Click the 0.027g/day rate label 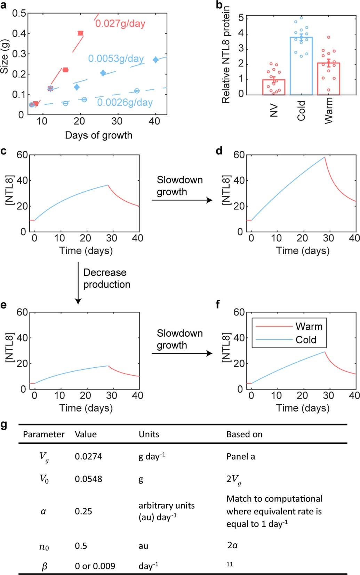pos(120,24)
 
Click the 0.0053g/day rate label pos(116,58)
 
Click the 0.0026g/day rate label pos(125,102)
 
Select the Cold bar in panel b pos(301,66)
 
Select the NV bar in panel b pos(274,87)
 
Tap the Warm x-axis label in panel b pos(328,110)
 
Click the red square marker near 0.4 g pos(80,33)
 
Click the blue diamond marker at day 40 pos(155,60)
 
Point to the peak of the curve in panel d pos(325,157)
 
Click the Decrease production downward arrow pos(78,283)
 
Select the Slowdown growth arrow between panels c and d pos(182,200)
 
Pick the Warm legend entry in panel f pos(309,326)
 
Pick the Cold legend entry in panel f pos(306,340)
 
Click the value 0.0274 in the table pos(88,456)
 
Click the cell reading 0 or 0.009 pos(95,566)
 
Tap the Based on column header pos(244,434)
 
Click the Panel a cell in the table pos(240,456)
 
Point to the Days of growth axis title pos(98,135)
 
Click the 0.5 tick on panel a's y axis pos(19,13)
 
